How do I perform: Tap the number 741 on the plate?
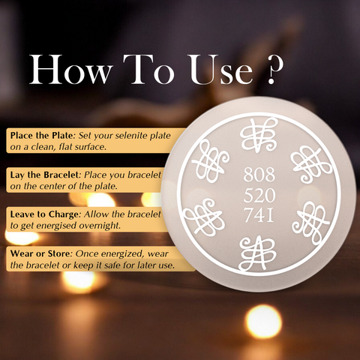coord(259,215)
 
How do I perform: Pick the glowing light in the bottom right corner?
coord(263,321)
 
